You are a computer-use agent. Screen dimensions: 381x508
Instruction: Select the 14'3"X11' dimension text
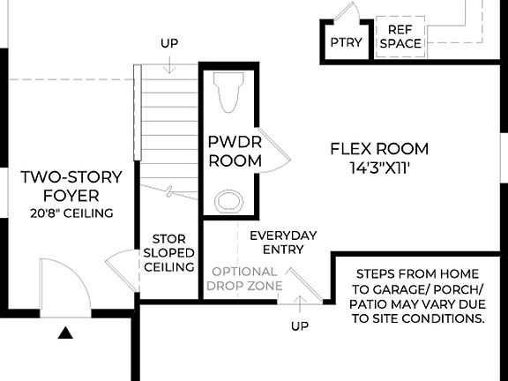[379, 166]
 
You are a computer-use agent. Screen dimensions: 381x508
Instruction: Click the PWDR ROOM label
[235, 151]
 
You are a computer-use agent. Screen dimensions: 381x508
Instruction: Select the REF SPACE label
[400, 36]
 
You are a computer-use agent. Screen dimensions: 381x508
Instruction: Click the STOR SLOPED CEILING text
[168, 252]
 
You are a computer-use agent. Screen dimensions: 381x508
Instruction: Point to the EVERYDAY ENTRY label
[282, 243]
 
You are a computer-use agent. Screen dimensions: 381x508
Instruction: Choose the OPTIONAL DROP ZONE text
[246, 279]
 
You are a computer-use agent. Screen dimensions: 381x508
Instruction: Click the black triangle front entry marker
[65, 333]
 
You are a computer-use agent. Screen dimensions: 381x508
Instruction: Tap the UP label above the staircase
[170, 42]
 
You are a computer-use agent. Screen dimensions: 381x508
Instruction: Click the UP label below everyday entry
[301, 326]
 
